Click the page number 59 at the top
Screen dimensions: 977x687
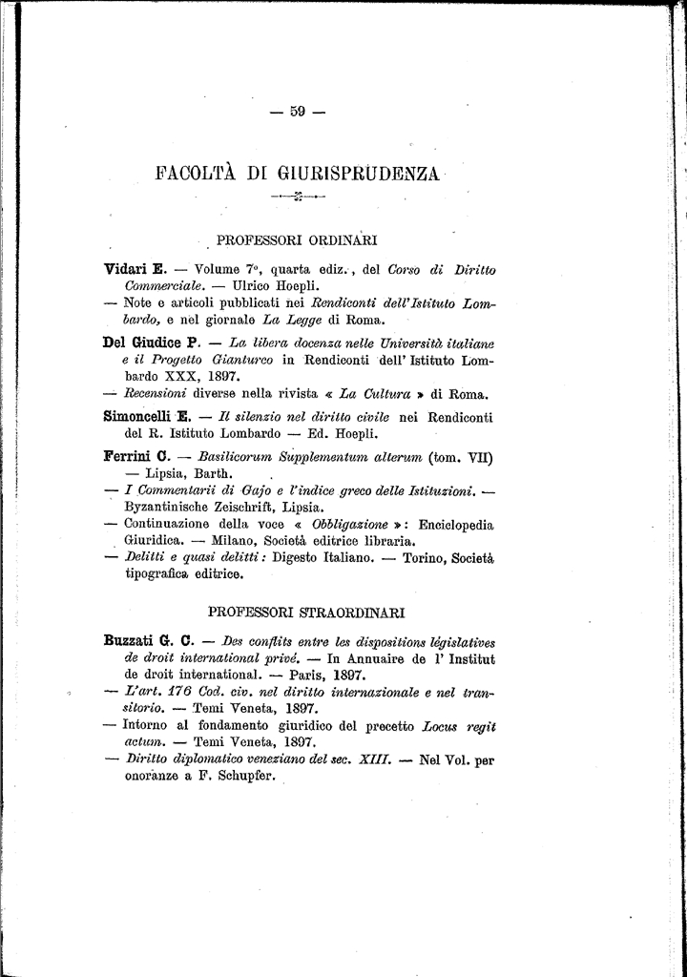point(297,112)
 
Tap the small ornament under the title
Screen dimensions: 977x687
point(298,197)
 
